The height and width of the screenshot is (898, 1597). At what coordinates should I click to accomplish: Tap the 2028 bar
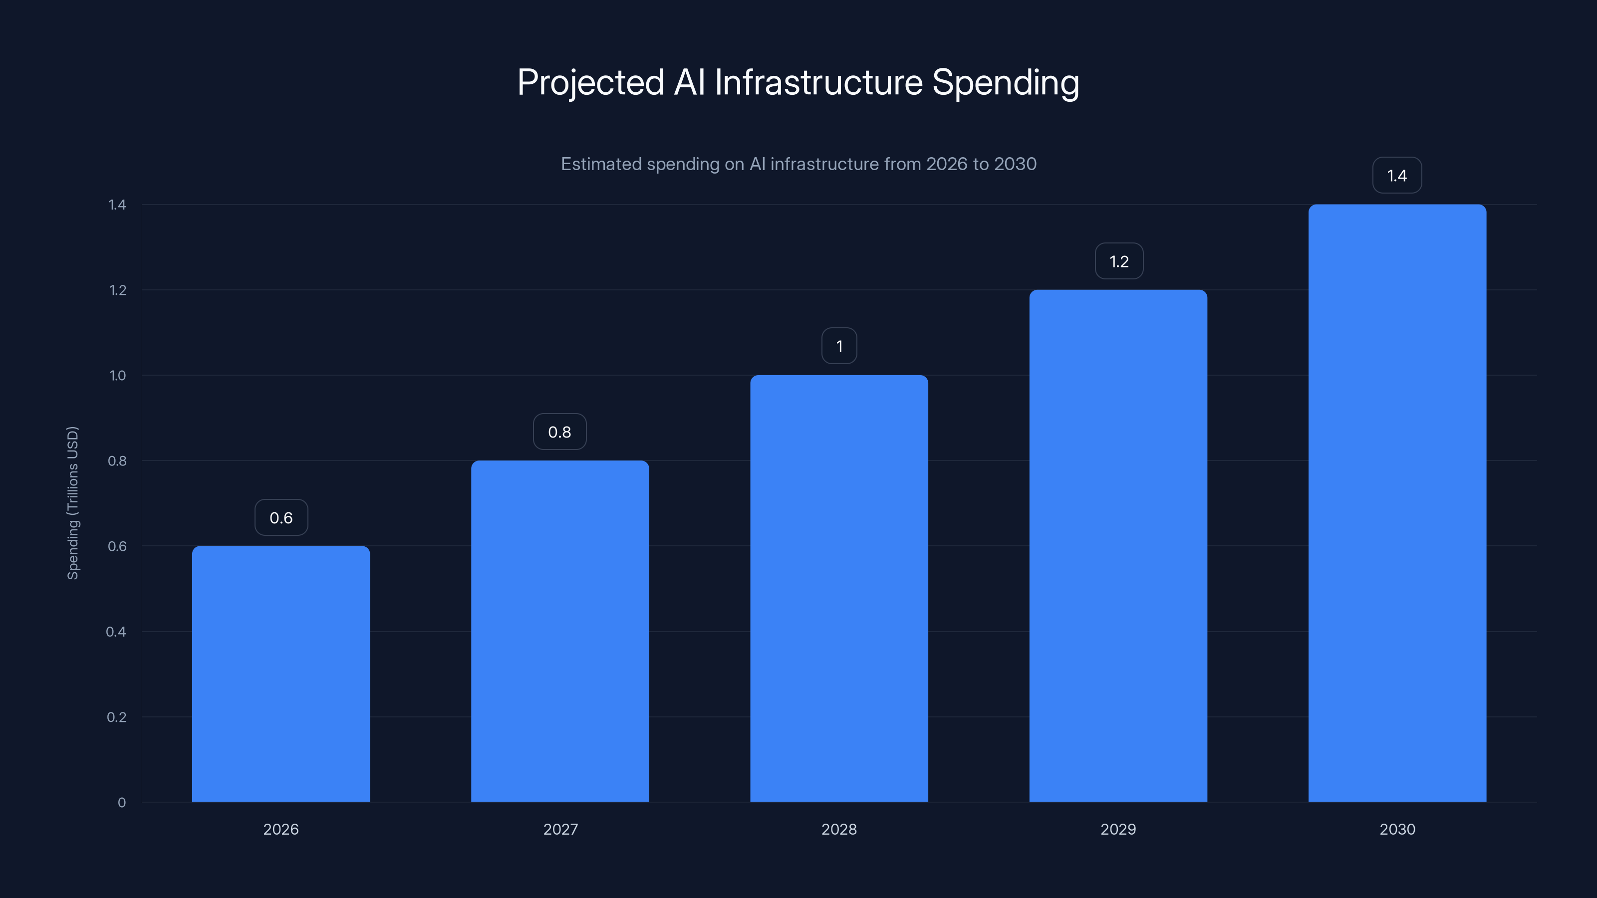(839, 588)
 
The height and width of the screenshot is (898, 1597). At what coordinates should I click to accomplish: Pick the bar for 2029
(1118, 545)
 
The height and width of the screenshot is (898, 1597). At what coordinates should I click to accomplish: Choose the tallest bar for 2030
(1397, 502)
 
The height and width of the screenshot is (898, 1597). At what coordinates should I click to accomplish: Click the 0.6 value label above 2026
(281, 517)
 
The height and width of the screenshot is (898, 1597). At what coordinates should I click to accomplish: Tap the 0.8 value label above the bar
(559, 432)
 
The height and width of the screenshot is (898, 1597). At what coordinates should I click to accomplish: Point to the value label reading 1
(839, 346)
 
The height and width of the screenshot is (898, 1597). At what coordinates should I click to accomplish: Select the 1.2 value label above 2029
(1118, 261)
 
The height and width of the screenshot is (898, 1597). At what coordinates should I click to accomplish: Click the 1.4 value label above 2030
(1396, 176)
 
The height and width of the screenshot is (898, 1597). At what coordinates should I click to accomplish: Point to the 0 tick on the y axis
(121, 803)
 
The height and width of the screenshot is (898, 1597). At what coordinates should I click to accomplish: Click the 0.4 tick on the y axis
(116, 632)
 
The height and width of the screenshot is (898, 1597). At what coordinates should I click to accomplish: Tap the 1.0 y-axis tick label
(117, 376)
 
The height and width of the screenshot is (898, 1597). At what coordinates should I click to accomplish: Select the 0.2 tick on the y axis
(117, 717)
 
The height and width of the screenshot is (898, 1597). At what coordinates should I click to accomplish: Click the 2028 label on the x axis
(839, 829)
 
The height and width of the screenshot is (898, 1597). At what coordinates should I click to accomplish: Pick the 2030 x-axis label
(1397, 829)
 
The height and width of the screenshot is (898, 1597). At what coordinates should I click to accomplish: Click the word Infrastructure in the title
(818, 82)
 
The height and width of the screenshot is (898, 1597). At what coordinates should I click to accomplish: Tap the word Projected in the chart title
(590, 82)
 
